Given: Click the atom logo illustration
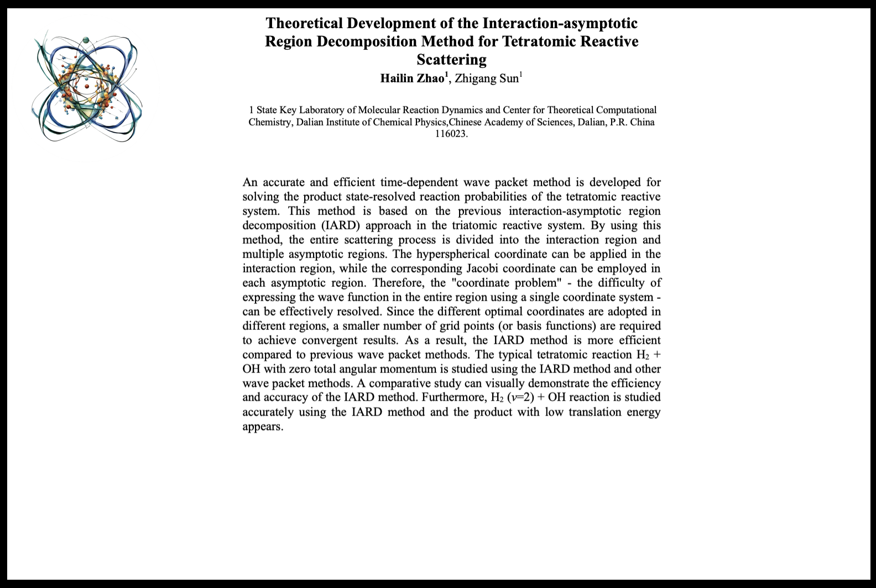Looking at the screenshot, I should coord(87,88).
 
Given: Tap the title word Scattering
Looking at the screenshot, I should coord(451,59).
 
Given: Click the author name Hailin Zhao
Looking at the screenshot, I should coord(412,78).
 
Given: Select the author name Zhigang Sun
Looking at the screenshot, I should coord(487,78).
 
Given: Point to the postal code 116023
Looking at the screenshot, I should coord(451,133).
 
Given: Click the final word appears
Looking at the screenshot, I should coord(263,427).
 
